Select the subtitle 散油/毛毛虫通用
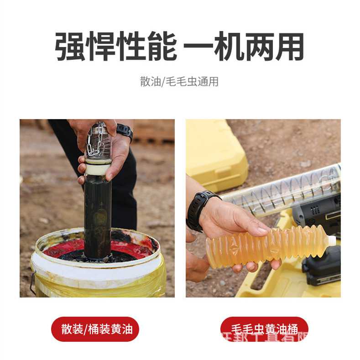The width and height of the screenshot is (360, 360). click(x=179, y=82)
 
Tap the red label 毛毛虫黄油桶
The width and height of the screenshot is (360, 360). click(x=264, y=329)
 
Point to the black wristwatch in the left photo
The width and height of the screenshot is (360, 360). click(x=125, y=131)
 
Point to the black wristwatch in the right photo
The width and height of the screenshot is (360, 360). click(x=200, y=209)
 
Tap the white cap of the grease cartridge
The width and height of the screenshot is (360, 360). click(x=332, y=240)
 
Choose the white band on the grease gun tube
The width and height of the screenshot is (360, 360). click(x=97, y=169)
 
